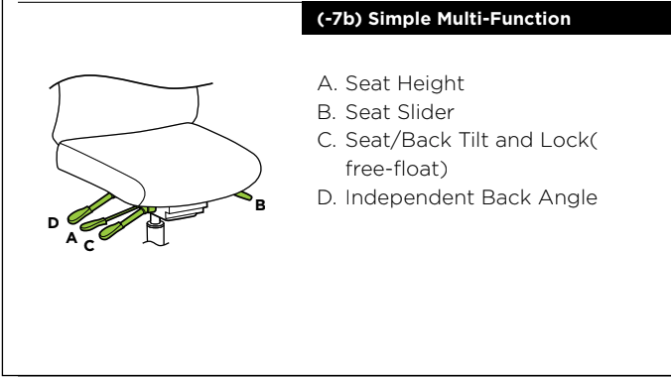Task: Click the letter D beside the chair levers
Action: coord(53,223)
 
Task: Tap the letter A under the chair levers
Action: coord(71,238)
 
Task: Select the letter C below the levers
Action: coord(89,246)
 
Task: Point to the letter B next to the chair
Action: coord(260,205)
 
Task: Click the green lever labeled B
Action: coord(243,195)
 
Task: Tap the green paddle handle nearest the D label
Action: coord(78,215)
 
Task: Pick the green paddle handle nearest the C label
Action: coord(111,231)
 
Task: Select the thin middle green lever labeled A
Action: coord(110,218)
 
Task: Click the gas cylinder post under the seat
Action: coord(155,230)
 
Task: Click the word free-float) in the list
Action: coord(396,169)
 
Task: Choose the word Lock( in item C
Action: coord(569,140)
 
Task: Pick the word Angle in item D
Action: coord(568,198)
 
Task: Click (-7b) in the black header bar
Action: coord(339,19)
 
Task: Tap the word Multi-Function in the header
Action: coord(503,19)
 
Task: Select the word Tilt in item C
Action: coord(472,140)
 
